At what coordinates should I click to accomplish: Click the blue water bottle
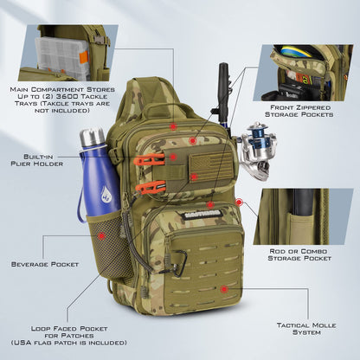(x=93, y=182)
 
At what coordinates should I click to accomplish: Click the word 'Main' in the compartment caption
(x=22, y=88)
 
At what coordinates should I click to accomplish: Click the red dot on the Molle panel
(x=224, y=289)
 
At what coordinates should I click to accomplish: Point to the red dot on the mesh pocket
(x=103, y=235)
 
